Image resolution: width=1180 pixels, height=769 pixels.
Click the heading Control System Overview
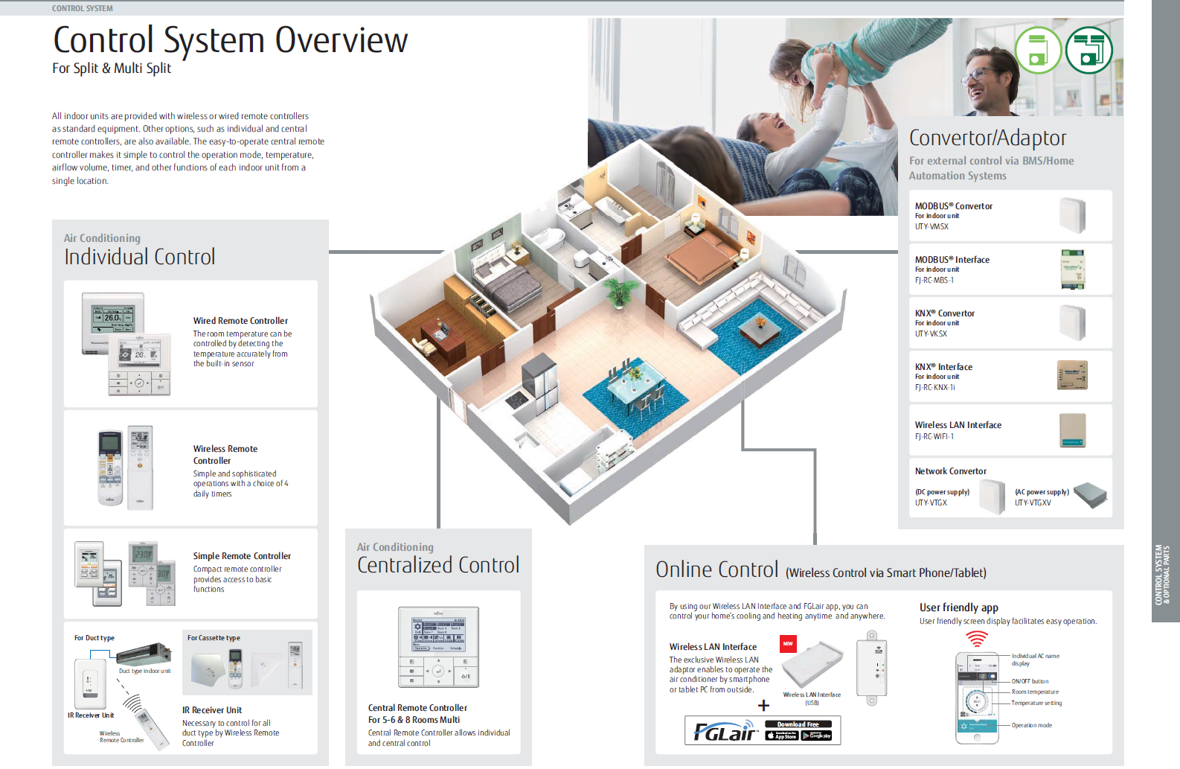point(230,40)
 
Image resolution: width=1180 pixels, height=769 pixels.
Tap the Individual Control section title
point(139,257)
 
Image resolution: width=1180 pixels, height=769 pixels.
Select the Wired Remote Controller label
point(240,321)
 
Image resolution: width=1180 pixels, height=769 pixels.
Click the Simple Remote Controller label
point(242,556)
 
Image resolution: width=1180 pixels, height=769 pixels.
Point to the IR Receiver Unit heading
point(212,710)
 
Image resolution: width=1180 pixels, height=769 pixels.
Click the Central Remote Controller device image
point(438,647)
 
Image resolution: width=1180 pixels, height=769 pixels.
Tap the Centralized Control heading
point(438,565)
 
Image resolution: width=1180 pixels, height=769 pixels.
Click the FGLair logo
point(724,732)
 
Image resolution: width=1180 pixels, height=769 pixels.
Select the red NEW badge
point(788,643)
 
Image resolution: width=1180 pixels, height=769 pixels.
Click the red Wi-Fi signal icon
point(976,639)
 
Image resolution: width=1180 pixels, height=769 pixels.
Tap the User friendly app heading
point(958,607)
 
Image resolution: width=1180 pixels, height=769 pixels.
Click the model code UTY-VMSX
point(932,226)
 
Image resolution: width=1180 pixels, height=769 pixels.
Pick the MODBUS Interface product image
point(1072,269)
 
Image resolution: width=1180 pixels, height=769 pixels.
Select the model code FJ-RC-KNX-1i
point(934,387)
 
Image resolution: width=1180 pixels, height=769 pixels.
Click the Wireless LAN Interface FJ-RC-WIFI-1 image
point(1072,430)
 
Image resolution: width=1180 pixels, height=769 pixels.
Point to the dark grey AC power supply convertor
point(1090,494)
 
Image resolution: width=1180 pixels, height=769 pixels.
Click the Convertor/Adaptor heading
point(987,138)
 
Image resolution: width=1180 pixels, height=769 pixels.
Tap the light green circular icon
point(1038,51)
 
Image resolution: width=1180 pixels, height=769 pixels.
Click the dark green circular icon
point(1088,51)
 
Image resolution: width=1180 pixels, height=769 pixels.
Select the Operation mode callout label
point(1031,725)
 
